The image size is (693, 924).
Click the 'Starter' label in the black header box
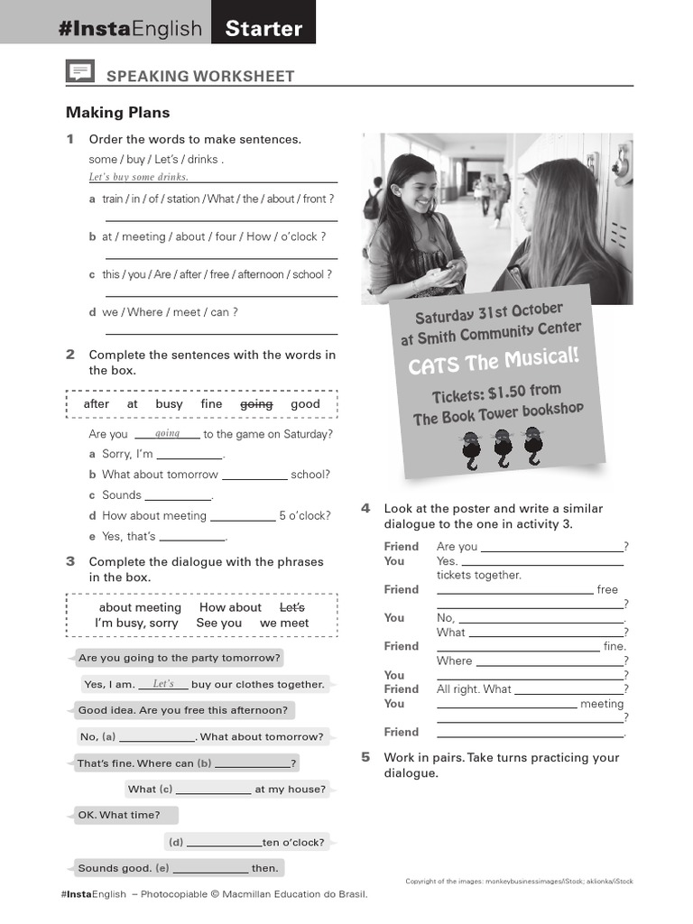263,28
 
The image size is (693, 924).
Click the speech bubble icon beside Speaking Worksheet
79,73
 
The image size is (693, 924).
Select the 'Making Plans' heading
117,113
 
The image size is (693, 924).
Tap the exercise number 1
69,139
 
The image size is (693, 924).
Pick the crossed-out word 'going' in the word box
256,404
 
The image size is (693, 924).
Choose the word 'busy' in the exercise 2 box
169,404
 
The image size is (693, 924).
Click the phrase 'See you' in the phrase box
218,624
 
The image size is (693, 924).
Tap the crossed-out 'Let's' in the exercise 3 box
292,608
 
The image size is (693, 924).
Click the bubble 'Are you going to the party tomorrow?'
179,658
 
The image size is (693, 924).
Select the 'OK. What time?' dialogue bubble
119,815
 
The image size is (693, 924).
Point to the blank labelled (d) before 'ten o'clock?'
222,842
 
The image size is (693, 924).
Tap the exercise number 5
365,757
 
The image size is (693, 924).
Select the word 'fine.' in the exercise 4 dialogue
614,646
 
